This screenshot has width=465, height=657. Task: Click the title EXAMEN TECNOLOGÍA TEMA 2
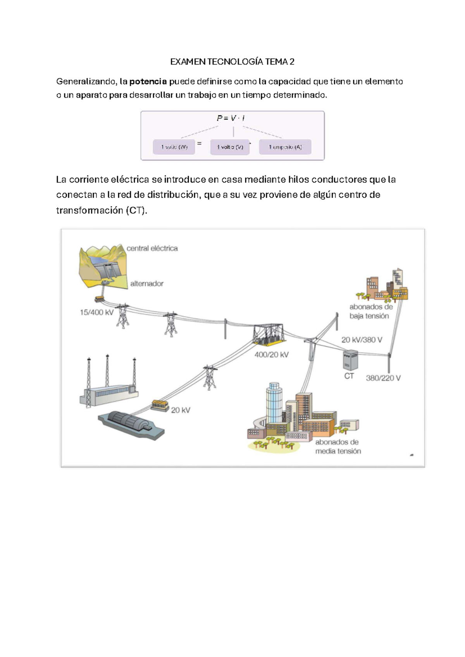(232, 62)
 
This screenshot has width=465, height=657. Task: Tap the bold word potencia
(148, 81)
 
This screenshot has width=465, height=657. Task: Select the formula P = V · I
(231, 118)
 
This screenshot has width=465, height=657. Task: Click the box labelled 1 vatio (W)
(174, 147)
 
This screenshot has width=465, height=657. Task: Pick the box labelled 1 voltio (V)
(230, 147)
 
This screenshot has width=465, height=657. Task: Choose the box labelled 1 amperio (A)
(285, 147)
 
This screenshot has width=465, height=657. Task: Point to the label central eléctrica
(152, 248)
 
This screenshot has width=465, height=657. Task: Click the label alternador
(147, 284)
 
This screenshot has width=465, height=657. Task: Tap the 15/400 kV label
(96, 312)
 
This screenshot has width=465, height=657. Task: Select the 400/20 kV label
(271, 354)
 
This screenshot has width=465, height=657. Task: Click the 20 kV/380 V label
(362, 340)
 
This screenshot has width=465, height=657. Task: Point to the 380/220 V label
(383, 378)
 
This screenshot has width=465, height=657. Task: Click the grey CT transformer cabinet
(350, 360)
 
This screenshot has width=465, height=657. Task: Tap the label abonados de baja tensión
(371, 311)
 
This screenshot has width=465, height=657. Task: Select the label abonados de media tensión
(338, 446)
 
